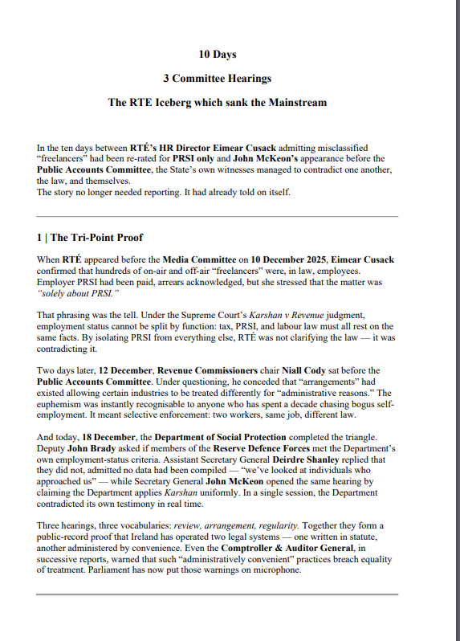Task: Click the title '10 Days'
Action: (218, 55)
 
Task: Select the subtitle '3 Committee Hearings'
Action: (217, 79)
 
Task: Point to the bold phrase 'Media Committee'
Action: (200, 260)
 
